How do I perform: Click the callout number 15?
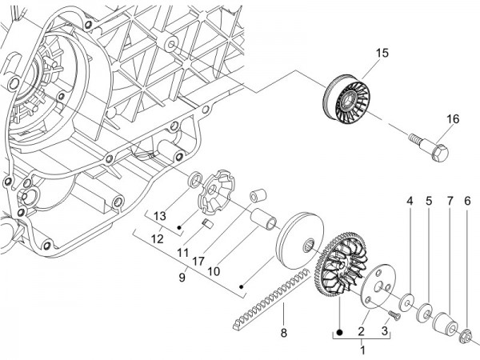380,53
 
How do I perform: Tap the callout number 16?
453,119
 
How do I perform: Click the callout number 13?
159,216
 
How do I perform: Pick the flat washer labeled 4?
409,302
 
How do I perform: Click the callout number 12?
159,238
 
